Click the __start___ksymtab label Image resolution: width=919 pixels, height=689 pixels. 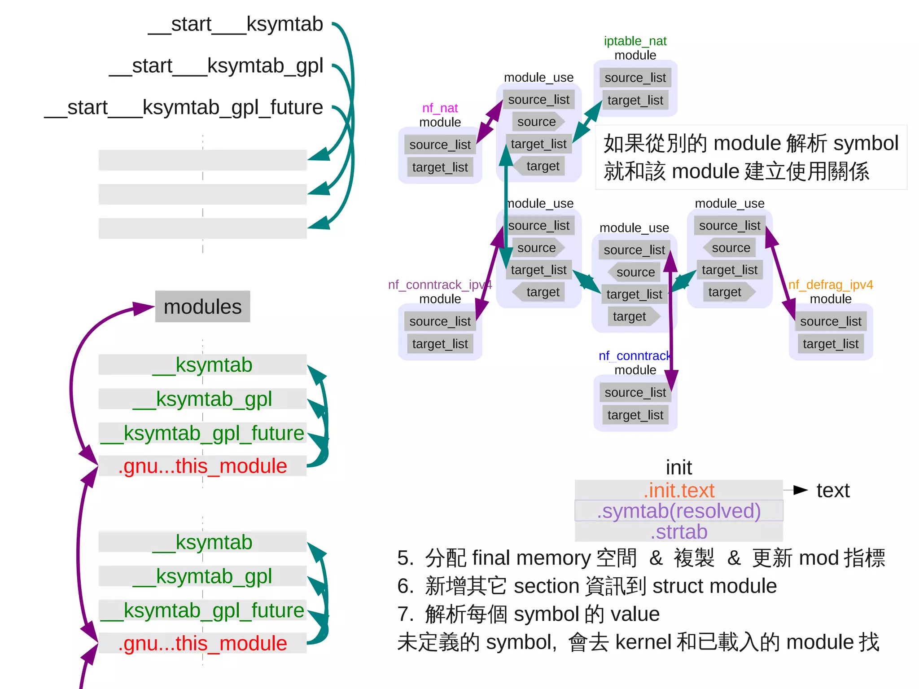coord(236,24)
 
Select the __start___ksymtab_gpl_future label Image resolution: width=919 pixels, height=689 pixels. coord(184,108)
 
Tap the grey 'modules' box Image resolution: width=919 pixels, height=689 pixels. coord(202,307)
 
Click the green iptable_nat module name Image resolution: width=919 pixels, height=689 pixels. coord(635,41)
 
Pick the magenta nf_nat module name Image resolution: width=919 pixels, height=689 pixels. coord(440,108)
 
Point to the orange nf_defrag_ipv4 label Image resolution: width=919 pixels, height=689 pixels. coord(831,285)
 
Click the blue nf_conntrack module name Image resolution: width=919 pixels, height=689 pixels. coord(635,356)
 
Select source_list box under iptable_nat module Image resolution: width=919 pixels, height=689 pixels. coord(635,78)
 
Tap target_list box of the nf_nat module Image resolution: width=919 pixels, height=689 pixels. coord(440,167)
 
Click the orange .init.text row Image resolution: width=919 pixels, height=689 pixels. coord(678,491)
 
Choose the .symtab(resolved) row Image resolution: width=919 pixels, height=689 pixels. coord(678,511)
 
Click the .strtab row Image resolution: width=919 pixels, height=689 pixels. coord(678,532)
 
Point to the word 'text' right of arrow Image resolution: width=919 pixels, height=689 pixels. coord(833,491)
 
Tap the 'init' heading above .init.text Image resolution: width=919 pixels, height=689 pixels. coord(678,468)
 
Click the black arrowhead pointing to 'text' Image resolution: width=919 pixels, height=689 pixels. coord(800,490)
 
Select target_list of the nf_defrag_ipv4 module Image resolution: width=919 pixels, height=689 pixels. coord(830,344)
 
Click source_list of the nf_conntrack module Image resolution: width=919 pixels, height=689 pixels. coord(635,393)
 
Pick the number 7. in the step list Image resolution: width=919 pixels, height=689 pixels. coord(405,614)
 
